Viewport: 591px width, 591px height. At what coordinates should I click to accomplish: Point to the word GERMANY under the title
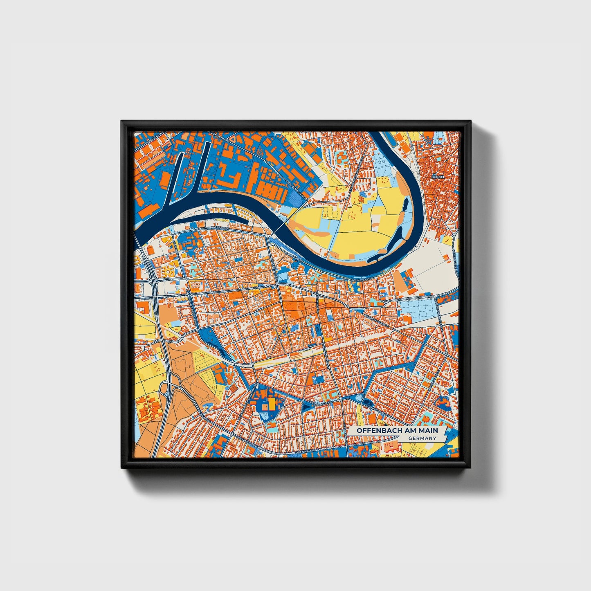(x=422, y=438)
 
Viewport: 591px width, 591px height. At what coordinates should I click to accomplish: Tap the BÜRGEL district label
(x=443, y=177)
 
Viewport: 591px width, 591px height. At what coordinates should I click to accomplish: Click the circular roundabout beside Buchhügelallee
(x=359, y=398)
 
